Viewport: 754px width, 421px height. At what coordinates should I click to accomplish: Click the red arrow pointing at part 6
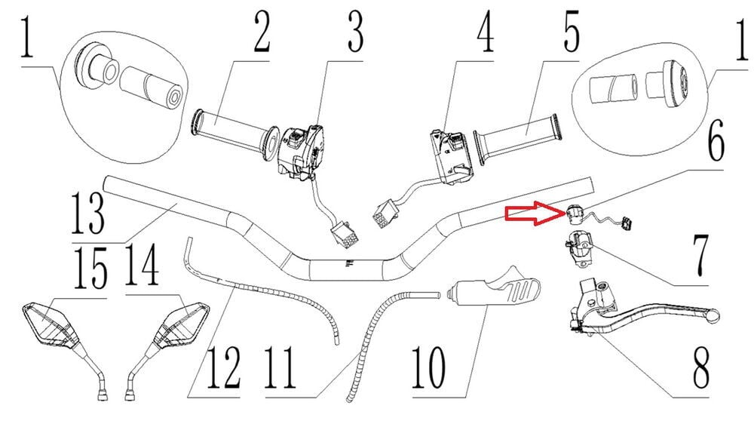point(532,215)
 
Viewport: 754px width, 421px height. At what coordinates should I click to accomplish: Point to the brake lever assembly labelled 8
point(633,309)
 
